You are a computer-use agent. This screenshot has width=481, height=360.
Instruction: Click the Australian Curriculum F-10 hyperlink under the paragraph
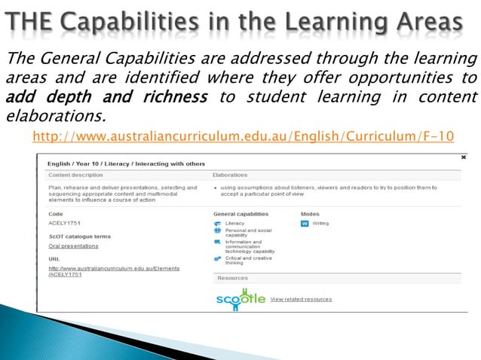244,136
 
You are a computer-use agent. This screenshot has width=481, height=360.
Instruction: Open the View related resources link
301,299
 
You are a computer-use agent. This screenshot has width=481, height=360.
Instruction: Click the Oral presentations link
73,246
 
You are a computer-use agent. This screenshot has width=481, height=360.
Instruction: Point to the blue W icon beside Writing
305,224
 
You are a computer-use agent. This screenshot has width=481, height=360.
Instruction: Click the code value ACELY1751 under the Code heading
64,224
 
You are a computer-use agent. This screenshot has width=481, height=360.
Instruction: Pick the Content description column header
75,175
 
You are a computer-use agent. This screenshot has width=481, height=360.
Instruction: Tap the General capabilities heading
241,214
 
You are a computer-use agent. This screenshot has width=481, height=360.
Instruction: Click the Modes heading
310,214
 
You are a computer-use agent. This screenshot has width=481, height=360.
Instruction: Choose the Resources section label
233,278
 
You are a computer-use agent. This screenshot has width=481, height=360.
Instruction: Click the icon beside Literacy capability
218,224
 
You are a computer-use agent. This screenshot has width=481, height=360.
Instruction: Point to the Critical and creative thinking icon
218,258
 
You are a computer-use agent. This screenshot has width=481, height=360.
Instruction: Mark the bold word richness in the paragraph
176,97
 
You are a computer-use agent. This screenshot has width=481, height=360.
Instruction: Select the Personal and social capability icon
218,231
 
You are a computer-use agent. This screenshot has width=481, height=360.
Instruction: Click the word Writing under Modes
320,224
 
